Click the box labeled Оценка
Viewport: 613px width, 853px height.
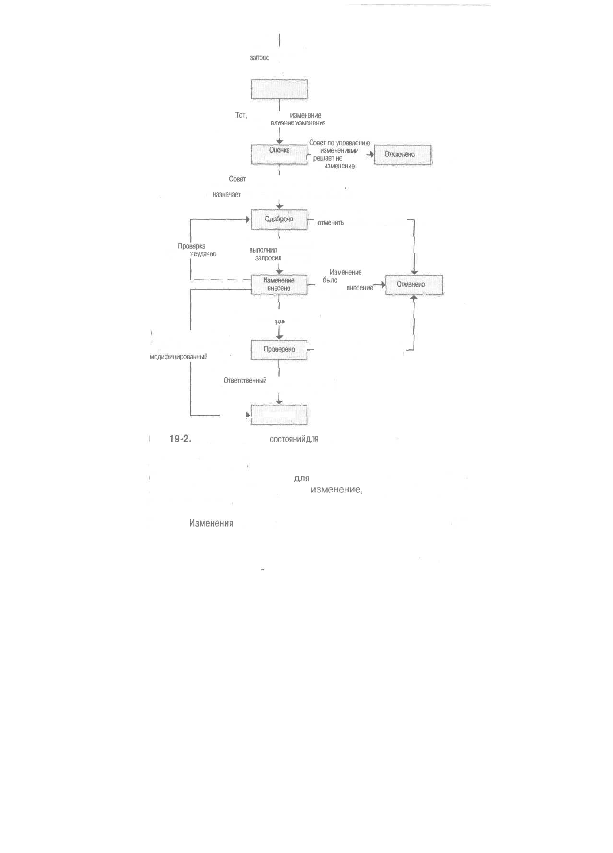pyautogui.click(x=279, y=154)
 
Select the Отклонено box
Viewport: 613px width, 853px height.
pyautogui.click(x=402, y=155)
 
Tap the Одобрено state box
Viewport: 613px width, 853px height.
pyautogui.click(x=279, y=219)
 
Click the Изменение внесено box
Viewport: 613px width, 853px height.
pyautogui.click(x=279, y=285)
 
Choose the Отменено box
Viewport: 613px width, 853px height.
pyautogui.click(x=414, y=285)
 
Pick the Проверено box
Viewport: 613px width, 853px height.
pyautogui.click(x=279, y=350)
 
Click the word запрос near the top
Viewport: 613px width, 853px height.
pyautogui.click(x=259, y=58)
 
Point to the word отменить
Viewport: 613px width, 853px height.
pyautogui.click(x=330, y=223)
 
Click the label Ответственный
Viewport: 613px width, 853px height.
pyautogui.click(x=245, y=381)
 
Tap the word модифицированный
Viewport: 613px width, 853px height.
pyautogui.click(x=179, y=357)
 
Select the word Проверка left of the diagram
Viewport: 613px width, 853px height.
pyautogui.click(x=192, y=246)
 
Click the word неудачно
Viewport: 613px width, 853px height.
pyautogui.click(x=203, y=254)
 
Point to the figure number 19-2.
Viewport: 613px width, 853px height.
pyautogui.click(x=180, y=439)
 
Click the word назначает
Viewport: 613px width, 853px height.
pyautogui.click(x=226, y=195)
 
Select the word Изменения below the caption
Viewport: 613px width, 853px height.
pyautogui.click(x=211, y=524)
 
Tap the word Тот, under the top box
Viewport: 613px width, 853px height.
pyautogui.click(x=241, y=115)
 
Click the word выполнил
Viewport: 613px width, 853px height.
pyautogui.click(x=263, y=250)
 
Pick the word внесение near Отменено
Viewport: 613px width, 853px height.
pyautogui.click(x=359, y=288)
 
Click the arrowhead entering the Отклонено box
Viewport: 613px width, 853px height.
pyautogui.click(x=371, y=155)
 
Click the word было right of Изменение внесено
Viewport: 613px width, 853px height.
pyautogui.click(x=330, y=280)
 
